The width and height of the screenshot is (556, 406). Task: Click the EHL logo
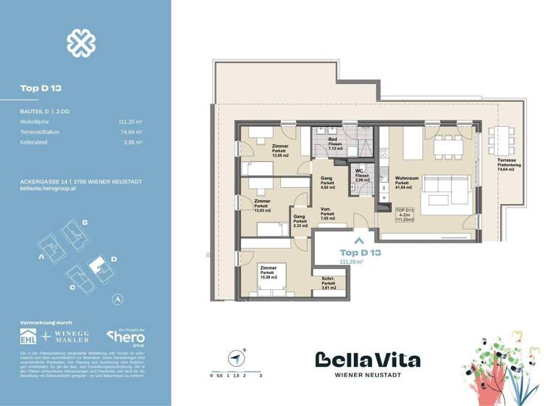click(28, 337)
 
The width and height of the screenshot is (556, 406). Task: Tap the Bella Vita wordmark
click(367, 360)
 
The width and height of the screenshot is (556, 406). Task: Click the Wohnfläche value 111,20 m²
click(130, 123)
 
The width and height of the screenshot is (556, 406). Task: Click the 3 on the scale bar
click(260, 376)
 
